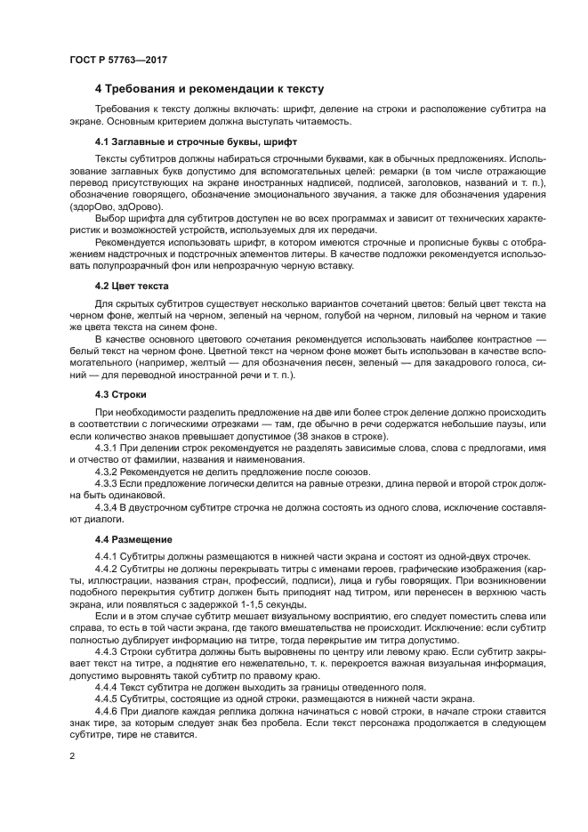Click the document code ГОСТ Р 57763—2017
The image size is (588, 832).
(x=117, y=60)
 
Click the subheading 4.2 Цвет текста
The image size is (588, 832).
(x=132, y=286)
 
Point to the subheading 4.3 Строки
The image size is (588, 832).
(x=121, y=393)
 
